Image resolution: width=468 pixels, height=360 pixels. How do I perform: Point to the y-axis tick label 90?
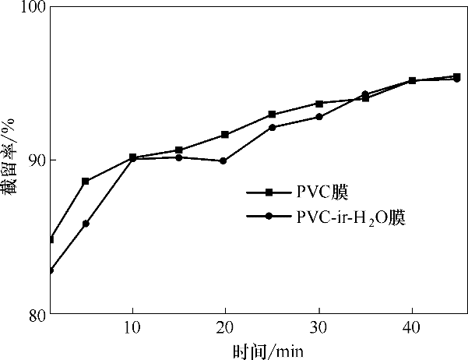pyautogui.click(x=36, y=161)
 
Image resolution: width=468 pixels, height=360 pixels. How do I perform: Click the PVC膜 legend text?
pyautogui.click(x=320, y=192)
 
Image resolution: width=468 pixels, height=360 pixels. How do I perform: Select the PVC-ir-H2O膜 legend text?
pyautogui.click(x=350, y=217)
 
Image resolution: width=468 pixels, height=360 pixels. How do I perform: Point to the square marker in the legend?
pyautogui.click(x=269, y=192)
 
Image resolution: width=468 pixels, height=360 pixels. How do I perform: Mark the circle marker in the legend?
pyautogui.click(x=269, y=217)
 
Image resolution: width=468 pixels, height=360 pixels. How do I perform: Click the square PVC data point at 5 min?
pyautogui.click(x=86, y=181)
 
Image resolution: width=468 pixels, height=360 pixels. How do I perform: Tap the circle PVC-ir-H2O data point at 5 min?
pyautogui.click(x=86, y=224)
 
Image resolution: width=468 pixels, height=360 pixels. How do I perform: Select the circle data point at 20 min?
pyautogui.click(x=223, y=161)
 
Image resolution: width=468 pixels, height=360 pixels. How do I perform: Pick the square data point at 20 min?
pyautogui.click(x=225, y=135)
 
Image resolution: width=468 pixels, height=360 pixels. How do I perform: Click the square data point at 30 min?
pyautogui.click(x=318, y=103)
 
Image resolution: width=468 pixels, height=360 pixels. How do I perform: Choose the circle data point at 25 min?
pyautogui.click(x=272, y=127)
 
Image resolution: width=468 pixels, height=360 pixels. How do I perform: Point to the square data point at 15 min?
pyautogui.click(x=178, y=150)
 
